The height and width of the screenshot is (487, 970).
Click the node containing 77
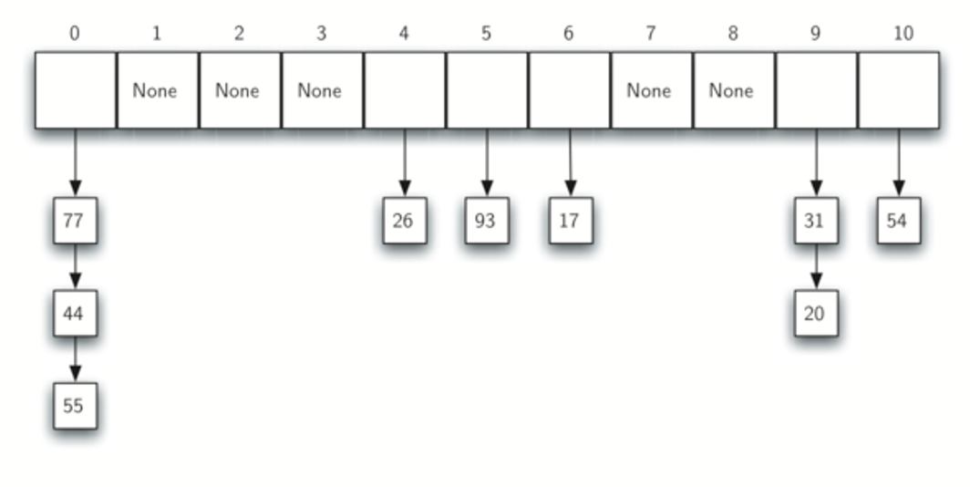pyautogui.click(x=75, y=221)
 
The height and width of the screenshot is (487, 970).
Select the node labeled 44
pyautogui.click(x=75, y=313)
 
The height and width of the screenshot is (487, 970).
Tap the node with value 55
pyautogui.click(x=75, y=406)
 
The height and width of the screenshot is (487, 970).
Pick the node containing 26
pyautogui.click(x=405, y=221)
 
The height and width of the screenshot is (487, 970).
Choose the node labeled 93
pyautogui.click(x=487, y=221)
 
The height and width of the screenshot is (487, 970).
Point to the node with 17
pyautogui.click(x=571, y=221)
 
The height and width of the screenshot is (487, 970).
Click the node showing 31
pyautogui.click(x=816, y=221)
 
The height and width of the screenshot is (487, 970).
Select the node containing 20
pyautogui.click(x=816, y=313)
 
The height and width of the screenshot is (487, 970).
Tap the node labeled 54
pyautogui.click(x=898, y=221)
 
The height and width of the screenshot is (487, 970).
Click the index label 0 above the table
pyautogui.click(x=74, y=33)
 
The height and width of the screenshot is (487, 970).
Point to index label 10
pyautogui.click(x=903, y=33)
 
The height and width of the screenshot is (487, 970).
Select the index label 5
pyautogui.click(x=486, y=33)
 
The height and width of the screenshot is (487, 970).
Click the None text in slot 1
pyautogui.click(x=155, y=91)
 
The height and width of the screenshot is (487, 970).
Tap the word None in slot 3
pyautogui.click(x=319, y=91)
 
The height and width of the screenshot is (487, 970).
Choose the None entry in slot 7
pyautogui.click(x=648, y=91)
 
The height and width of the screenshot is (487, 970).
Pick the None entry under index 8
pyautogui.click(x=730, y=91)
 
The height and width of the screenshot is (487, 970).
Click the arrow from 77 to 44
pyautogui.click(x=75, y=266)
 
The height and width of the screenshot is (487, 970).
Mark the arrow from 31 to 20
pyautogui.click(x=816, y=266)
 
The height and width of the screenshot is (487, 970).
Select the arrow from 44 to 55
pyautogui.click(x=75, y=359)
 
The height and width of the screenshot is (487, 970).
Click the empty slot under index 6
pyautogui.click(x=570, y=90)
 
